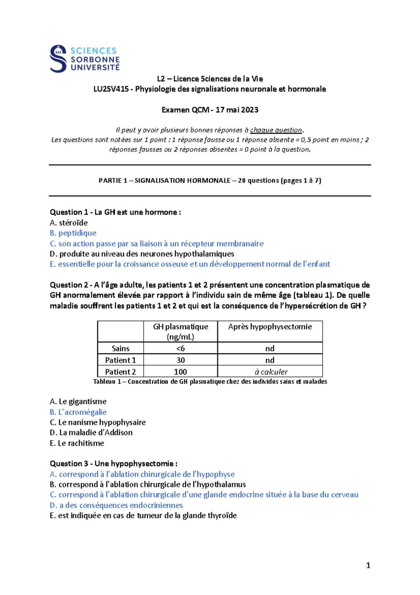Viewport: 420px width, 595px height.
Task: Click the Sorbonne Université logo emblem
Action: (58, 59)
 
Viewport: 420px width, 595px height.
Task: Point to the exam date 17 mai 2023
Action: (237, 110)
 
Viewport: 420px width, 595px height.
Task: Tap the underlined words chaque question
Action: (276, 130)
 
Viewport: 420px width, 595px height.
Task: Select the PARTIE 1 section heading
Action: (210, 180)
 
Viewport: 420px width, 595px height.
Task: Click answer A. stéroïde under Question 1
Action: (69, 223)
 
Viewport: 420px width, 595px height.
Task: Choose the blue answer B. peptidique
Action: (73, 233)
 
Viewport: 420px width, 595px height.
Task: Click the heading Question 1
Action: (69, 212)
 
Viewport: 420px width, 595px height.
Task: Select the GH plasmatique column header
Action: (180, 331)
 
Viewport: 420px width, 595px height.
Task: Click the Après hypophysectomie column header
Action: (270, 327)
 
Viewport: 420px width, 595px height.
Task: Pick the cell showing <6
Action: (180, 348)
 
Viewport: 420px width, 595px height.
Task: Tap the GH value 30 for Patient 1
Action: (180, 360)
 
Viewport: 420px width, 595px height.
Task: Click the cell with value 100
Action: (180, 371)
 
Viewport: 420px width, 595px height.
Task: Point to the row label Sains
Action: (120, 348)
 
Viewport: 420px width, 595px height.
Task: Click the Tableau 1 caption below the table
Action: (210, 381)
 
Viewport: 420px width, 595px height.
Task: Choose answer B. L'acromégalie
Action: (78, 412)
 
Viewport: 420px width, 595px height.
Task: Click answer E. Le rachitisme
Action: (77, 443)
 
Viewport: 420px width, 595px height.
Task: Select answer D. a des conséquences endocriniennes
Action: (116, 505)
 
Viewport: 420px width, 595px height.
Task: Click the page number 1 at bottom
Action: (368, 565)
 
